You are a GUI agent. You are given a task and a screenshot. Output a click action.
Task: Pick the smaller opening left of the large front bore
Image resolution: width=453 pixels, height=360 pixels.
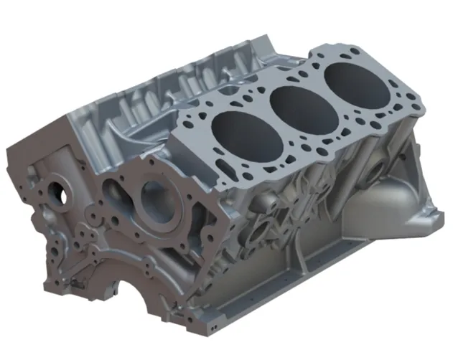pyautogui.click(x=115, y=192)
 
